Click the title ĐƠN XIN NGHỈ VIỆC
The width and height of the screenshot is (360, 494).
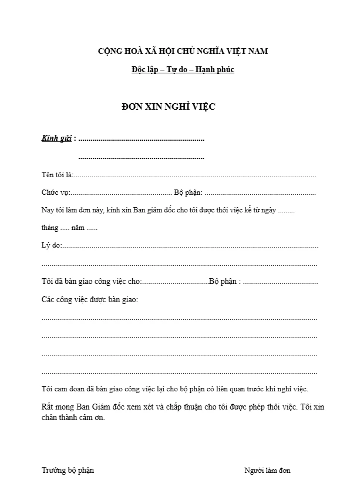click(x=169, y=107)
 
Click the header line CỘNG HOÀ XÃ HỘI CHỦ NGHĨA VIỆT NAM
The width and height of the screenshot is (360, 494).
click(x=183, y=52)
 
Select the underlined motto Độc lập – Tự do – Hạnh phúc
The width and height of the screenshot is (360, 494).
click(x=183, y=70)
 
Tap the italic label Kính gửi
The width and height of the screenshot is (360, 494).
click(x=56, y=139)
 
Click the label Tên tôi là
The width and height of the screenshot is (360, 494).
click(x=57, y=175)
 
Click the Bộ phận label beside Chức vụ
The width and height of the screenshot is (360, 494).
click(x=188, y=192)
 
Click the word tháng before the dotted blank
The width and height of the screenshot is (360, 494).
click(x=50, y=228)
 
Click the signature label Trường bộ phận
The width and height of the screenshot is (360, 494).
click(x=68, y=470)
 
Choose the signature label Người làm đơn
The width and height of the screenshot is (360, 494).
click(x=267, y=470)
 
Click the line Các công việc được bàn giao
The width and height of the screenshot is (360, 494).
click(x=90, y=299)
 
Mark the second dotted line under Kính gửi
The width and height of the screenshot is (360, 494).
click(x=141, y=158)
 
